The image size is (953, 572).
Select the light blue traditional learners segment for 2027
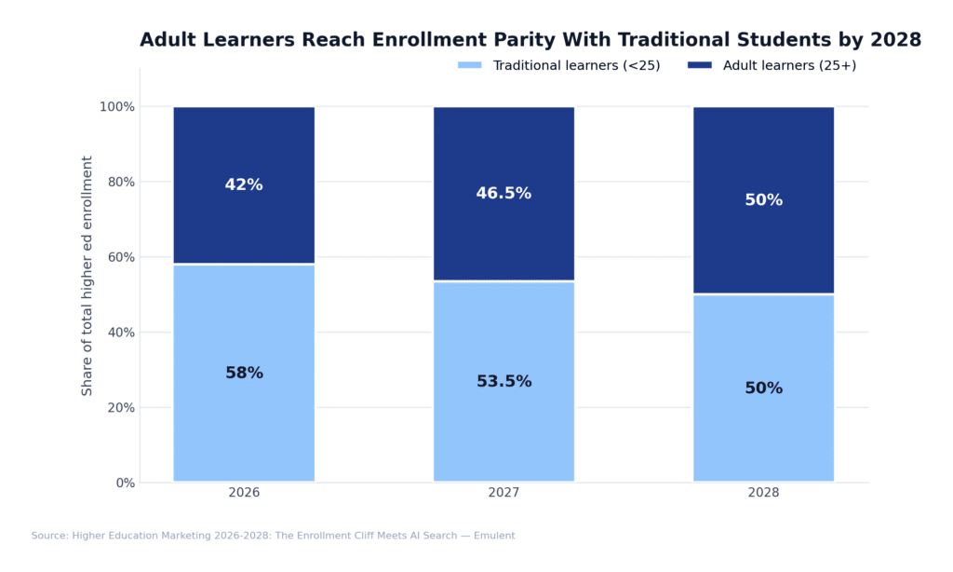tap(503, 429)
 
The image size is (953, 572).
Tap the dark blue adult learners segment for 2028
tap(763, 242)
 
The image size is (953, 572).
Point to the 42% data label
tap(244, 185)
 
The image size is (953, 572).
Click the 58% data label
tap(244, 374)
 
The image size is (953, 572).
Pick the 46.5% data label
tap(503, 194)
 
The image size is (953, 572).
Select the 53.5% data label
tap(503, 382)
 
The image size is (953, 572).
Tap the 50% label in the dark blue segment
tap(763, 200)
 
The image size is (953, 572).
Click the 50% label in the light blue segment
tap(763, 388)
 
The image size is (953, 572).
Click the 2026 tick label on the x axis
tap(244, 493)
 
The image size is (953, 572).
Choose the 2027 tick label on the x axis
tap(503, 493)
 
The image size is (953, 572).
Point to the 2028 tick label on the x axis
tap(763, 493)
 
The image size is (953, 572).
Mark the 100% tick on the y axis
tap(117, 107)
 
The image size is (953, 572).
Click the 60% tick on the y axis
tap(120, 257)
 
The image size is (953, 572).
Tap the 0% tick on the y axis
tap(125, 483)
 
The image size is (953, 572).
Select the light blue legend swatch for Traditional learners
tap(470, 65)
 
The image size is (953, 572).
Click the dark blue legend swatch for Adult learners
tap(700, 65)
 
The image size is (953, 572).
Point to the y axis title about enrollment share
tap(87, 276)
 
